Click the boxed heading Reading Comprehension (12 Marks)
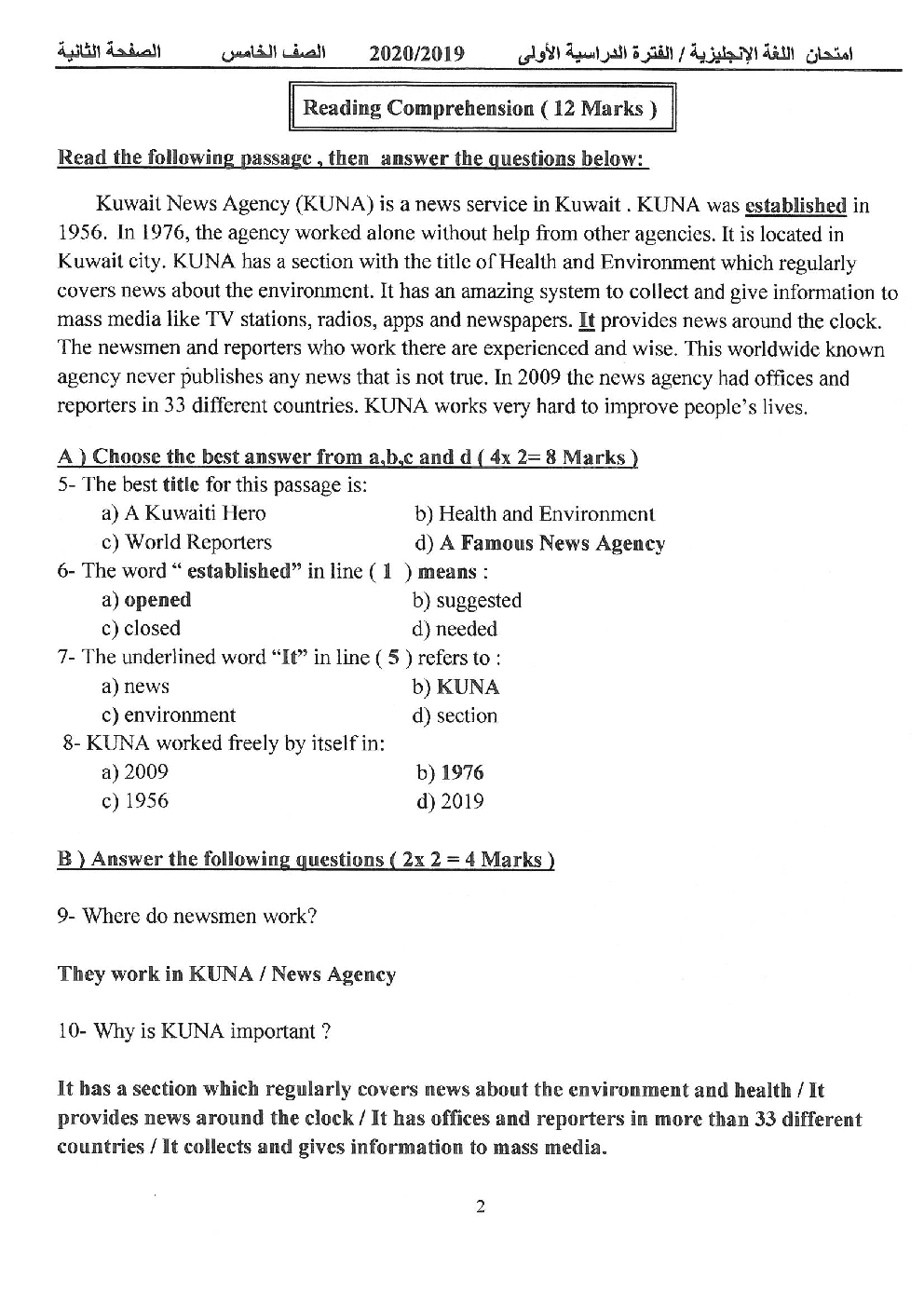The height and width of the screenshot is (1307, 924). [x=481, y=108]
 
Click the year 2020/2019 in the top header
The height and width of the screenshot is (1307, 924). [x=416, y=53]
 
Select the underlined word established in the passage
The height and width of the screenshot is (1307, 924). [x=795, y=206]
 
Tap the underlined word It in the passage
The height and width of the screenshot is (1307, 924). [x=587, y=321]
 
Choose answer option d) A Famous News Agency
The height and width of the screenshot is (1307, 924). [x=540, y=543]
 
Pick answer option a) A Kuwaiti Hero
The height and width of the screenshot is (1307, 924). [x=183, y=513]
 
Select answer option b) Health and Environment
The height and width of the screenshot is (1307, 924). [x=535, y=514]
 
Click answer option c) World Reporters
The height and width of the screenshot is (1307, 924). [x=186, y=542]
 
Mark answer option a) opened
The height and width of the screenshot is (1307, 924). [x=146, y=600]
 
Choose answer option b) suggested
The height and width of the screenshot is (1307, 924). [x=467, y=601]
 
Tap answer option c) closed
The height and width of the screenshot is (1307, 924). [x=141, y=629]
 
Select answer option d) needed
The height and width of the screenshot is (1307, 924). [x=455, y=630]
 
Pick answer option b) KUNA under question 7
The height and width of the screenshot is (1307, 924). [x=455, y=688]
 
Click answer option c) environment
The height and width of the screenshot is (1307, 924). [x=169, y=715]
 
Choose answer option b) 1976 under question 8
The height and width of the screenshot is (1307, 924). [x=450, y=772]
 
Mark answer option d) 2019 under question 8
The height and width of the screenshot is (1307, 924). [x=450, y=801]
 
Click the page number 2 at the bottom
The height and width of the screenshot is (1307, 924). [x=481, y=1207]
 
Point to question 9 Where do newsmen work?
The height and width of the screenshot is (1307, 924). [x=187, y=917]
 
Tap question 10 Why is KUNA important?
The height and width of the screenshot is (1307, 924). [x=194, y=1032]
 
